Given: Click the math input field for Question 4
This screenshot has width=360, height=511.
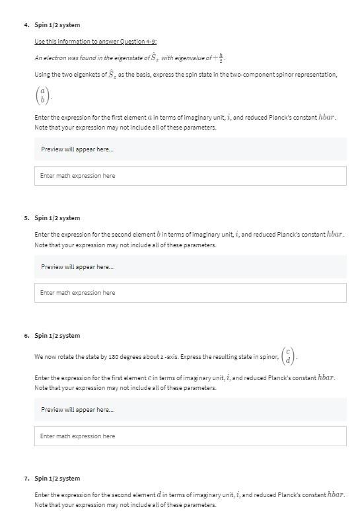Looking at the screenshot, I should pyautogui.click(x=190, y=176).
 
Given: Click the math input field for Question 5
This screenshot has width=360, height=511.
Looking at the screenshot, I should pyautogui.click(x=190, y=293).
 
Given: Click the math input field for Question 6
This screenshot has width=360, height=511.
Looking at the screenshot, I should pyautogui.click(x=190, y=436).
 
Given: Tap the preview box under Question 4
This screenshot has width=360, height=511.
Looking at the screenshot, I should pyautogui.click(x=190, y=149).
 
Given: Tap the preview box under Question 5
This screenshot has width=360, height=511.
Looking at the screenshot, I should pyautogui.click(x=190, y=266).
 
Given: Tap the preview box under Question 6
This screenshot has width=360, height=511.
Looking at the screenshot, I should pyautogui.click(x=190, y=410).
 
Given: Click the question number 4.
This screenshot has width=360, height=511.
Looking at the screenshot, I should pyautogui.click(x=26, y=25).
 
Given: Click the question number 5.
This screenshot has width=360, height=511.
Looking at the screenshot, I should pyautogui.click(x=26, y=218).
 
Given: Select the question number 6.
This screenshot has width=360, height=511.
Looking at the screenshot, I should pyautogui.click(x=26, y=336).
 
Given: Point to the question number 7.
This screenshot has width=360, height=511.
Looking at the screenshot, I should pyautogui.click(x=26, y=479).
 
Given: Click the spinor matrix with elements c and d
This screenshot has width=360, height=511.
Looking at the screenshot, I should pyautogui.click(x=288, y=356).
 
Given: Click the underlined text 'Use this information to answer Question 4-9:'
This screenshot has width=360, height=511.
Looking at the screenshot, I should pyautogui.click(x=95, y=42).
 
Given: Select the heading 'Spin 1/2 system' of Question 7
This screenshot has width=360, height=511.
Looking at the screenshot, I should pyautogui.click(x=57, y=479).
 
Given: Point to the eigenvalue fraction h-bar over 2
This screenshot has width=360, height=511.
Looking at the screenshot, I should pyautogui.click(x=221, y=57).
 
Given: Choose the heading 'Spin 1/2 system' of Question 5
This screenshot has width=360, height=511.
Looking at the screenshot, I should pyautogui.click(x=57, y=218).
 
